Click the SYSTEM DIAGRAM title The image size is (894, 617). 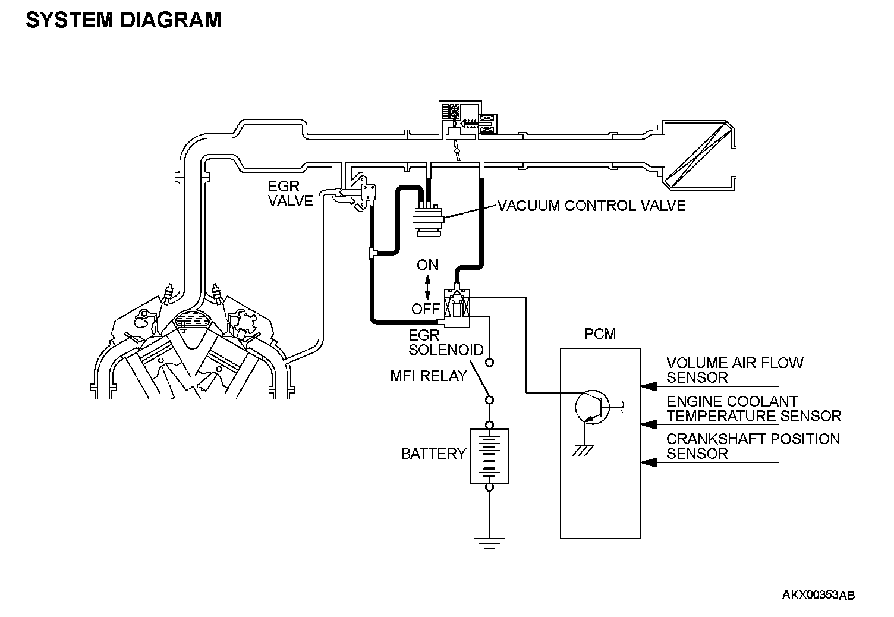tap(123, 20)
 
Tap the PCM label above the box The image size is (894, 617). tap(599, 334)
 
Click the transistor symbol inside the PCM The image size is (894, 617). tap(594, 408)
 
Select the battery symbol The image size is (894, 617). tap(489, 456)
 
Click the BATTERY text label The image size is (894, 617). tap(433, 454)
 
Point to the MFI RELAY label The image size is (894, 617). tap(428, 376)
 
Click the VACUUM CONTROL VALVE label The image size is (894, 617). tap(591, 206)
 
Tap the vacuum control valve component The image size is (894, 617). tap(428, 220)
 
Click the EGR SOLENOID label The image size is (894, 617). tap(446, 342)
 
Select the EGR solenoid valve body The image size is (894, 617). tap(457, 308)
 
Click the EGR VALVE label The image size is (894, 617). tap(290, 194)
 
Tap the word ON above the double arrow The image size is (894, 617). tap(427, 265)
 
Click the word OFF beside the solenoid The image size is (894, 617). tap(426, 308)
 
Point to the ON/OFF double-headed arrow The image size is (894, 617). tap(427, 287)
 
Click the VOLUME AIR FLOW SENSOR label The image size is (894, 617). tap(735, 370)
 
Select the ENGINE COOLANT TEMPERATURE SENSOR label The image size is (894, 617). tap(754, 409)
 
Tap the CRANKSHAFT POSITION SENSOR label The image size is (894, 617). tap(753, 446)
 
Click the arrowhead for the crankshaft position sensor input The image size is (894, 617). tap(649, 462)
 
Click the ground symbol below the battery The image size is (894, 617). tap(489, 543)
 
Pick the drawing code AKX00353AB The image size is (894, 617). tap(819, 596)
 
